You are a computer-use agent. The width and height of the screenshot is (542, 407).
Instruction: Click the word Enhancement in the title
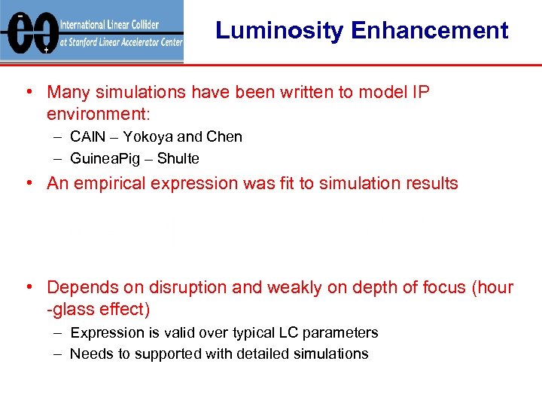click(x=429, y=31)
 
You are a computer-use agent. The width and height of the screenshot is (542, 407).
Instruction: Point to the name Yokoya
click(x=148, y=136)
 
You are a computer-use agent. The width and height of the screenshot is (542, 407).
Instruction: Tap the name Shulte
click(x=178, y=158)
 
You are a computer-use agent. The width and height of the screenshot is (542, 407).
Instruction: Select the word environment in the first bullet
click(x=97, y=115)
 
